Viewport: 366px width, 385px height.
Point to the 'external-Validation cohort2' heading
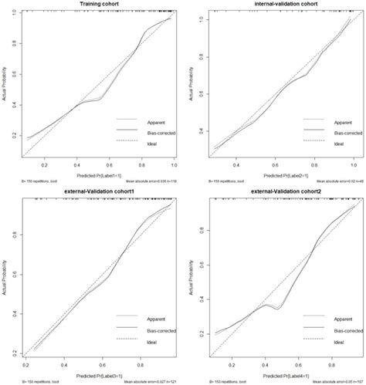click(x=276, y=198)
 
